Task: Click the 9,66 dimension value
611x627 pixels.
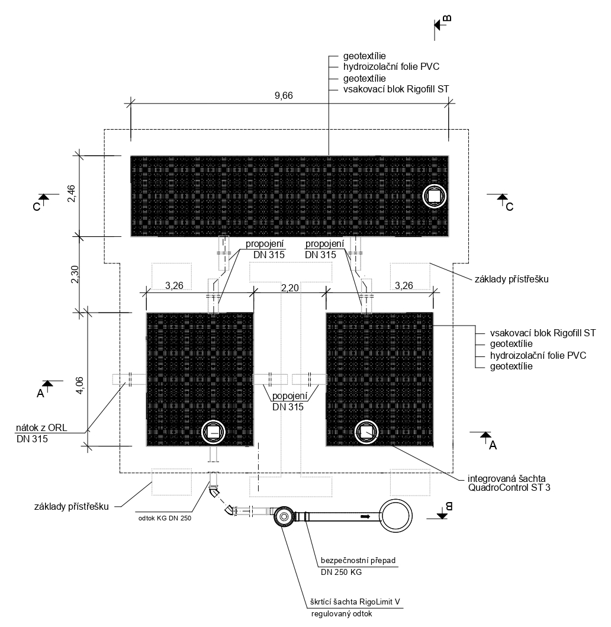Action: [x=284, y=95]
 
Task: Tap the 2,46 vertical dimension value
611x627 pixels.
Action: [x=72, y=193]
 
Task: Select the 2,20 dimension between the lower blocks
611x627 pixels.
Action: [x=290, y=288]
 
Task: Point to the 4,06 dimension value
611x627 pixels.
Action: [x=79, y=385]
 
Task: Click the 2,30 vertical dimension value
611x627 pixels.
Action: [x=75, y=274]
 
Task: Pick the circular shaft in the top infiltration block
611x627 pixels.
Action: [x=434, y=197]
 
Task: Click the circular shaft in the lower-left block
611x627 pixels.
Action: [x=213, y=432]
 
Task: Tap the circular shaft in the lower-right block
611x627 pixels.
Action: [x=366, y=432]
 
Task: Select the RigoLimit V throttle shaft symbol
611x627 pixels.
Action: [x=284, y=517]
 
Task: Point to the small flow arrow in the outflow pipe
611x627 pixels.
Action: [x=365, y=517]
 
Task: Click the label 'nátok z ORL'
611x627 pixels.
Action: [x=41, y=428]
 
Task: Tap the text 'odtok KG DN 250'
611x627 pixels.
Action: [x=165, y=518]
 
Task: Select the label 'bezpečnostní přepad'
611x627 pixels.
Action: [x=358, y=561]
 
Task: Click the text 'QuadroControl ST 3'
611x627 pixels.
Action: [x=509, y=487]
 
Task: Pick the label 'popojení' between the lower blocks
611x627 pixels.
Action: [x=290, y=396]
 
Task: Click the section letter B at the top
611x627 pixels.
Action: [x=448, y=18]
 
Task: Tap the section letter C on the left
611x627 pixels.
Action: [x=36, y=207]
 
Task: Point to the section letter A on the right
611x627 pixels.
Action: [x=493, y=445]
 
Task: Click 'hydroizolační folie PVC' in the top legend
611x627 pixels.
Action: [x=391, y=67]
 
